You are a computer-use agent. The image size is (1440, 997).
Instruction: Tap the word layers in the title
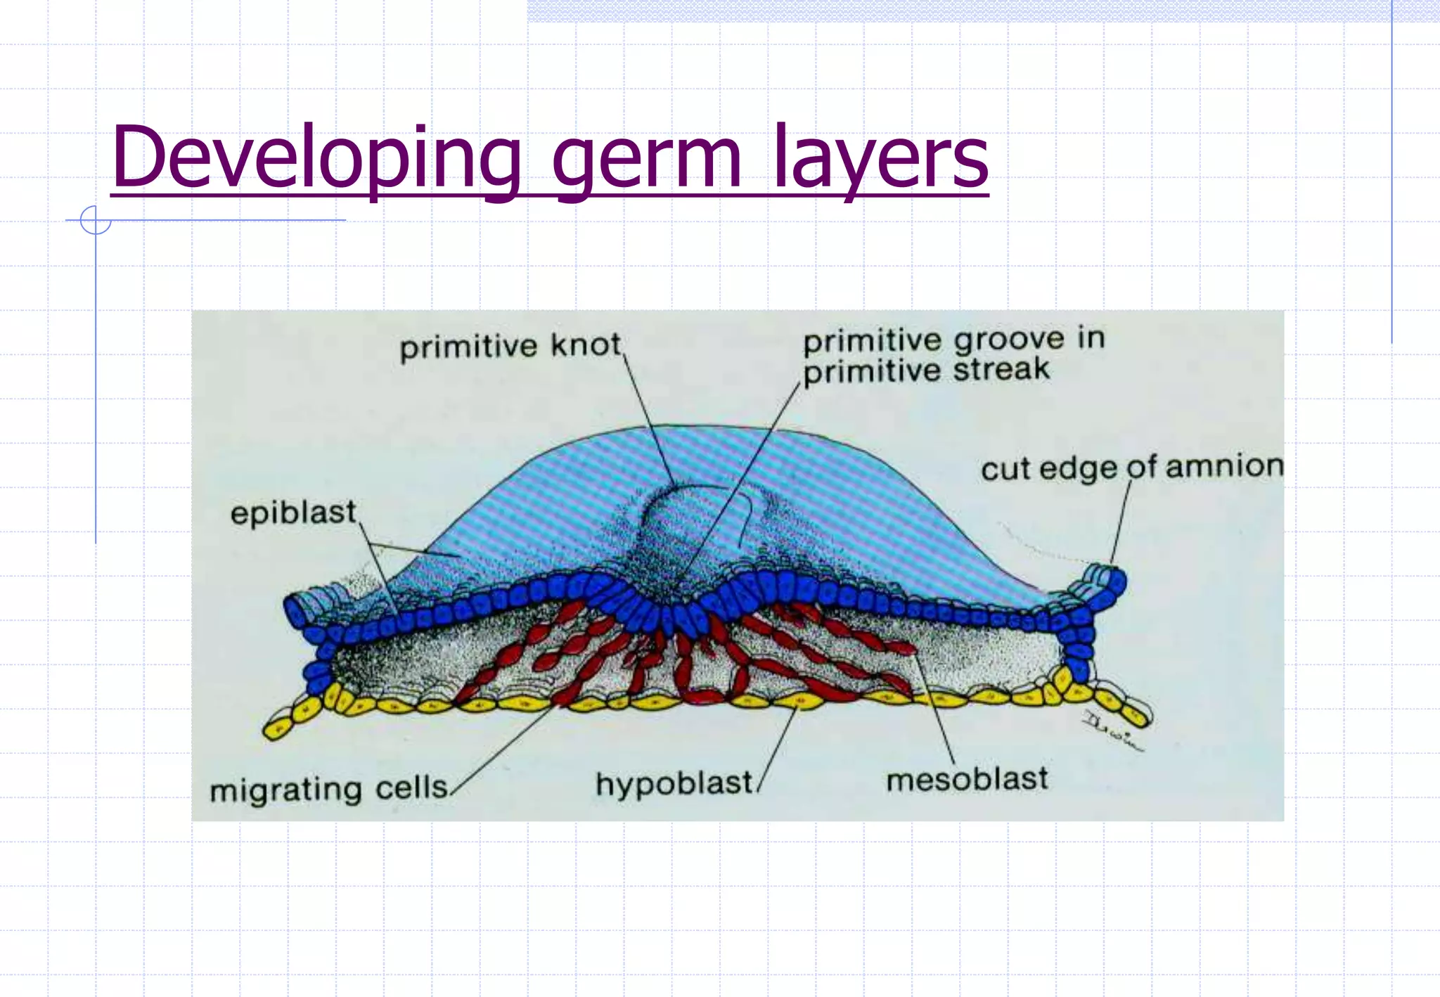click(880, 160)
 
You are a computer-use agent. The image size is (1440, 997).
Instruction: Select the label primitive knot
click(510, 346)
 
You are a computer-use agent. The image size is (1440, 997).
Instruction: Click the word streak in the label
click(1001, 369)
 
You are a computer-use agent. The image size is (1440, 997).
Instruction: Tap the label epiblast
click(293, 513)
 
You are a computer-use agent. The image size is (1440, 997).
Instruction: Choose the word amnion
click(1224, 465)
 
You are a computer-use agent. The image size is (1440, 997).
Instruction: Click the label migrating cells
click(329, 788)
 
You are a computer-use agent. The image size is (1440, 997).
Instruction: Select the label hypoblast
click(674, 783)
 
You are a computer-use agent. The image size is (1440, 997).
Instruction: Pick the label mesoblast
click(967, 779)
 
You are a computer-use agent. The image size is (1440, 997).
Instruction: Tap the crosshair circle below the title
click(96, 220)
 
